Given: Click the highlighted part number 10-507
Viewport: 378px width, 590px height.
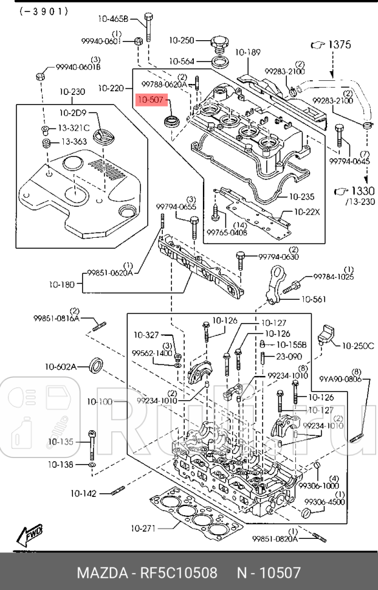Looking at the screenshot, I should click(150, 100).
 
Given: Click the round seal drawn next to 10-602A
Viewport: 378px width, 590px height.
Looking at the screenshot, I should click(97, 366).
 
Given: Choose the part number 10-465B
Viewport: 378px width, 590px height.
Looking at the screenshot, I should click(117, 19).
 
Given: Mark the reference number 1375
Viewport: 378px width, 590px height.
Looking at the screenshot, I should click(339, 44).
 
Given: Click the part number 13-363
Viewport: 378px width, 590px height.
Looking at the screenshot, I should click(72, 142).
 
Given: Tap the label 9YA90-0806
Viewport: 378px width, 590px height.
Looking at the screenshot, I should click(341, 380).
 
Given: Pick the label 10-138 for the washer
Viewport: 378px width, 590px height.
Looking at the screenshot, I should click(61, 464).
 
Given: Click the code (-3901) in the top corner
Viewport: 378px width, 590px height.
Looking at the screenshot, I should click(44, 12).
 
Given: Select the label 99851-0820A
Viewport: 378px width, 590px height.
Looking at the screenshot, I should click(275, 538).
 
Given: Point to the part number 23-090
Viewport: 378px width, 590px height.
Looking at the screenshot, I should click(289, 356).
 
